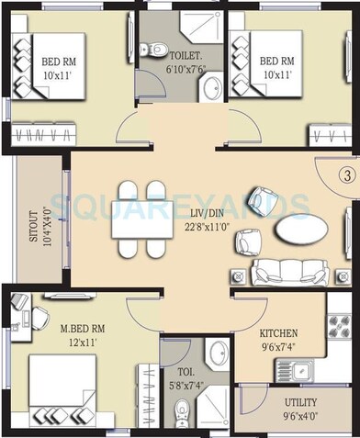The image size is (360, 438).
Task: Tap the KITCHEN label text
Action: (x=277, y=333)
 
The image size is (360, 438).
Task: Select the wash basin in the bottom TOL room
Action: (x=217, y=354)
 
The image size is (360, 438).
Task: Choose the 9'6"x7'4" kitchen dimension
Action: (x=277, y=347)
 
